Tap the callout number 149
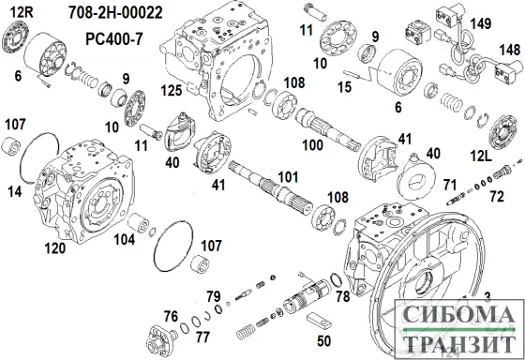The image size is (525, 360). point(479,23)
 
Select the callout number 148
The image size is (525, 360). point(509,49)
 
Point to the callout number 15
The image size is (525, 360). point(344,86)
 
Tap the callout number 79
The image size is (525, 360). point(213,296)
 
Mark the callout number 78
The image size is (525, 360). point(341,296)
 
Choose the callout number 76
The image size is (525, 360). point(171,314)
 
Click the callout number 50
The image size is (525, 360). point(323,341)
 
